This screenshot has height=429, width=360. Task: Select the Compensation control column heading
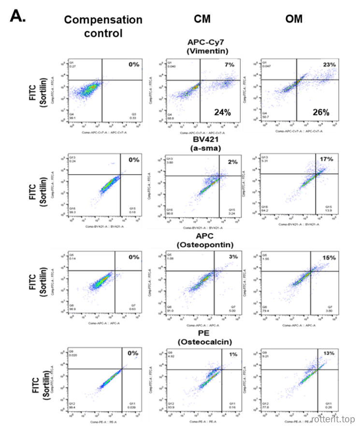coord(103,26)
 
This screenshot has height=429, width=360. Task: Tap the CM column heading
coord(202,19)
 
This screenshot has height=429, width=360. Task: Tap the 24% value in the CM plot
coord(224,112)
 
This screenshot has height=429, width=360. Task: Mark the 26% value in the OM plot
coord(321,112)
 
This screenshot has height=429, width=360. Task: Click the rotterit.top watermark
coord(334,418)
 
